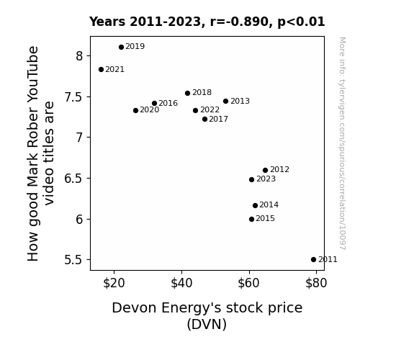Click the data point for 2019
[121, 48]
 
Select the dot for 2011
[313, 260]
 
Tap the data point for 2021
[101, 69]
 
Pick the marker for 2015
[251, 219]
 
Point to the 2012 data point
[266, 171]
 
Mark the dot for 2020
[135, 110]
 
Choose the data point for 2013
[226, 101]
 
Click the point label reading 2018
[202, 92]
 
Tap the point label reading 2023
[266, 179]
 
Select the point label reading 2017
[219, 119]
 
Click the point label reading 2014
[269, 204]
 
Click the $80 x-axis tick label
[316, 284]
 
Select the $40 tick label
[181, 284]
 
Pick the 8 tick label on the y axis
[79, 56]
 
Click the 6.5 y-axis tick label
[73, 179]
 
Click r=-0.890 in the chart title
[239, 22]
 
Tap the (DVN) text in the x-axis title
[207, 324]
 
